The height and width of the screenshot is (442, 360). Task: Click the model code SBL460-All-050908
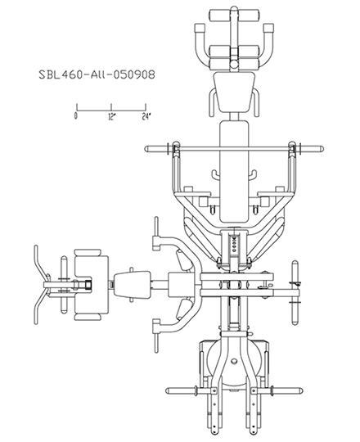click(x=97, y=74)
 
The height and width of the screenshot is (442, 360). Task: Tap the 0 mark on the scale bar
click(x=76, y=116)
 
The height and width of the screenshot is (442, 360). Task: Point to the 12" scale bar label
click(x=112, y=116)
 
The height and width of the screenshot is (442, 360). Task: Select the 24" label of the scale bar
click(x=146, y=116)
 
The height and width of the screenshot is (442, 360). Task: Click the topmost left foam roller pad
click(x=220, y=15)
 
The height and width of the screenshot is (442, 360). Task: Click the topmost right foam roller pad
click(x=249, y=15)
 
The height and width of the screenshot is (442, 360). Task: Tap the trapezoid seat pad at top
click(x=234, y=92)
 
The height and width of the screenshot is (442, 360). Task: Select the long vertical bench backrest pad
click(x=234, y=171)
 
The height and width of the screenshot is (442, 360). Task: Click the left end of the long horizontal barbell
click(x=146, y=148)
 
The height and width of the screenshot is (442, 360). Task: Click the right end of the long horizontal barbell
click(x=323, y=148)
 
